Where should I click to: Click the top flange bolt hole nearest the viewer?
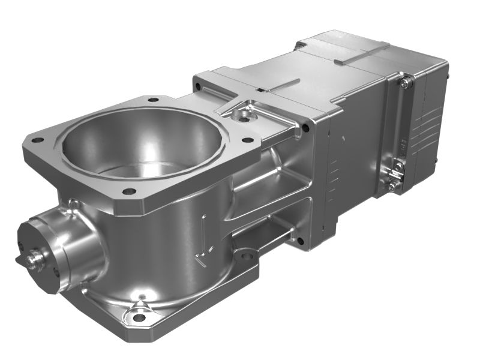[128, 192]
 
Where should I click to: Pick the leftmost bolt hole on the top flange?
[37, 140]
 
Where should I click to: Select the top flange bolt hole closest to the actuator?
[247, 141]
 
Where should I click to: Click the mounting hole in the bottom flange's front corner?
[139, 317]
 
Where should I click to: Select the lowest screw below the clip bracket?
[391, 187]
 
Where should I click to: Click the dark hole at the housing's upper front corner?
[306, 128]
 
